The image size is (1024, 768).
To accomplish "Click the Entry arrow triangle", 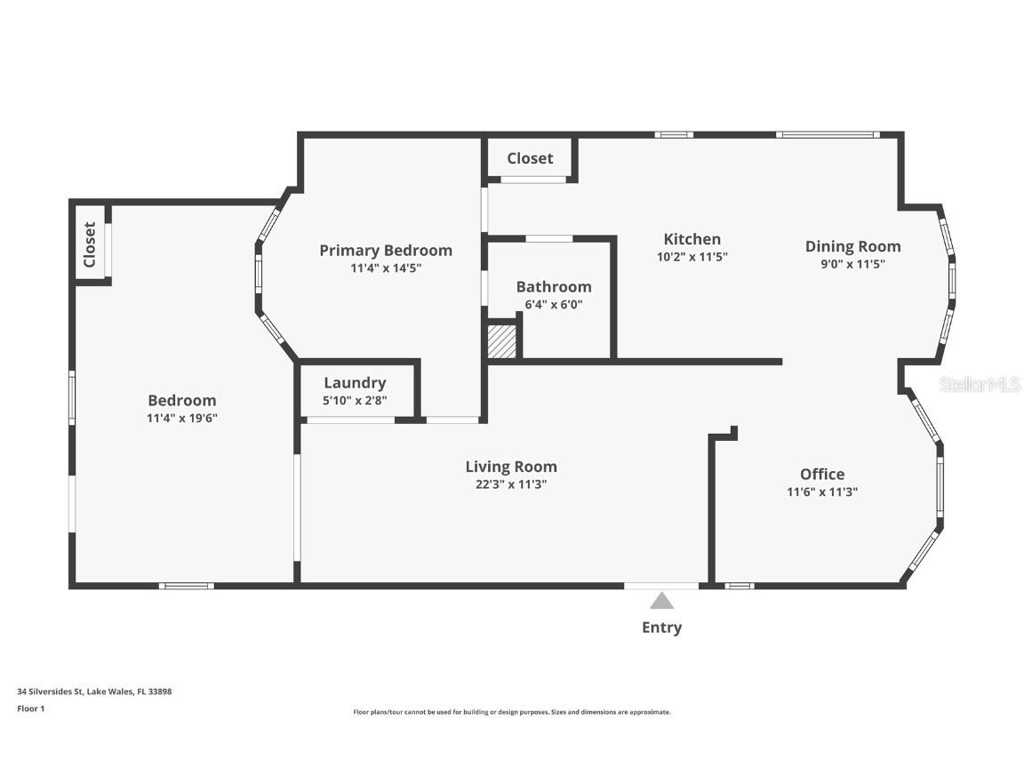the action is pyautogui.click(x=661, y=601).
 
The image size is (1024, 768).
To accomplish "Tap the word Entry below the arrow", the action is pyautogui.click(x=661, y=628).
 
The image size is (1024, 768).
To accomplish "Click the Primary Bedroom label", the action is pyautogui.click(x=385, y=251).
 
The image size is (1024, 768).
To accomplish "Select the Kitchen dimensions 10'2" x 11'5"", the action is pyautogui.click(x=692, y=257).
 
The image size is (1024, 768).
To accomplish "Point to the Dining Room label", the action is pyautogui.click(x=853, y=246).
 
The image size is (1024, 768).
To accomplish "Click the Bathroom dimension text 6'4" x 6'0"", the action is pyautogui.click(x=554, y=304).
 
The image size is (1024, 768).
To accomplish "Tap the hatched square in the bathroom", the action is pyautogui.click(x=502, y=341).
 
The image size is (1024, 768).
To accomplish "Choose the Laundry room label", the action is pyautogui.click(x=355, y=383).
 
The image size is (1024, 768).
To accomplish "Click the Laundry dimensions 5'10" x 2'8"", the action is pyautogui.click(x=355, y=400).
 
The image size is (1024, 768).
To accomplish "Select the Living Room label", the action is pyautogui.click(x=511, y=467).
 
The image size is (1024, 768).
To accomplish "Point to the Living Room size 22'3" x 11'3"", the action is pyautogui.click(x=511, y=484).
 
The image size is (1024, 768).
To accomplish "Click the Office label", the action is pyautogui.click(x=822, y=474).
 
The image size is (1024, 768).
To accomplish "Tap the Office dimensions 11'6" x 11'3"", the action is pyautogui.click(x=822, y=492).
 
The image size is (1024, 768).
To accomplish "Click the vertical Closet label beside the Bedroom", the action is pyautogui.click(x=90, y=245).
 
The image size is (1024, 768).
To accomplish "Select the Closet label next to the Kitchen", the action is pyautogui.click(x=531, y=158).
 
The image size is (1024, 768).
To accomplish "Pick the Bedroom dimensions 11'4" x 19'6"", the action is pyautogui.click(x=182, y=418).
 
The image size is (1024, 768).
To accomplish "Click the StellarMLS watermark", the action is pyautogui.click(x=980, y=384).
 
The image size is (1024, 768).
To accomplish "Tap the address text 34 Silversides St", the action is pyautogui.click(x=50, y=691).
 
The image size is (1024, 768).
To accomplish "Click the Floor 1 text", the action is pyautogui.click(x=31, y=708).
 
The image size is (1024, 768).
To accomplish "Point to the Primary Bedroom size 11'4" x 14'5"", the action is pyautogui.click(x=386, y=268).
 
